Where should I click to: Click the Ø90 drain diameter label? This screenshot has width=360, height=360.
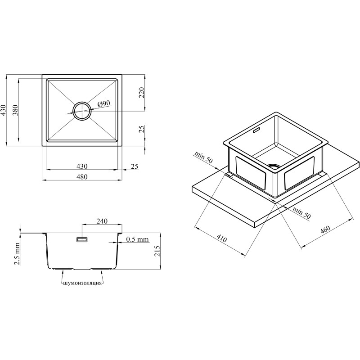tap(104, 104)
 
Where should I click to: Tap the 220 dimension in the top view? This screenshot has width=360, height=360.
tap(142, 93)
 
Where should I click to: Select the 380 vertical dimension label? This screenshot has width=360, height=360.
tap(15, 110)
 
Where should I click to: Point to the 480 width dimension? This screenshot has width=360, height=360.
tap(82, 176)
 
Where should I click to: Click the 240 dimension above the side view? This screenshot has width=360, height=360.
tap(102, 221)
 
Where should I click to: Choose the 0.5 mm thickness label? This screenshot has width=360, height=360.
tap(138, 239)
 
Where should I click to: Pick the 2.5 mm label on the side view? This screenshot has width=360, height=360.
tap(17, 254)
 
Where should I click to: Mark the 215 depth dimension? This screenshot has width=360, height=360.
tap(157, 251)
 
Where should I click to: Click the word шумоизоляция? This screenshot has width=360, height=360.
tap(82, 283)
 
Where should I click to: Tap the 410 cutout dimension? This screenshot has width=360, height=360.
tap(221, 238)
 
